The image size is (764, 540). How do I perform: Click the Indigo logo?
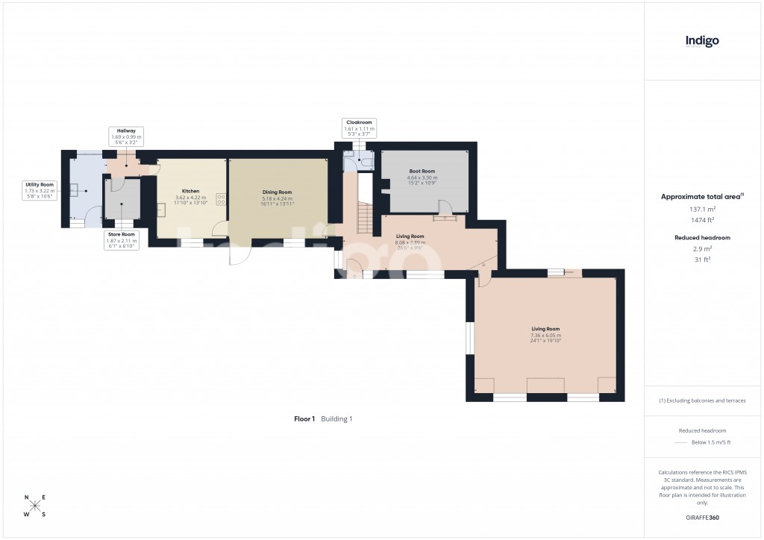coord(702,41)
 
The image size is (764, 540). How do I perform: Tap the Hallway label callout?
coord(125,134)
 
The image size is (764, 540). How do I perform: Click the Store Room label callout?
coord(124,239)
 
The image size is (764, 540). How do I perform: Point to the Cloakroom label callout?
coord(359,127)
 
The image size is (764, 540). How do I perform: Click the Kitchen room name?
coord(190,192)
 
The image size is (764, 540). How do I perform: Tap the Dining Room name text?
coord(277,192)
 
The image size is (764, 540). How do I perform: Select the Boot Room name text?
coord(422,172)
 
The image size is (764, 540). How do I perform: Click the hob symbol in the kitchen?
coord(221,198)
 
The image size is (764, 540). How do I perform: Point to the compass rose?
coord(35,506)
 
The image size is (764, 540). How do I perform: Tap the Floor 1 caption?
coord(304,419)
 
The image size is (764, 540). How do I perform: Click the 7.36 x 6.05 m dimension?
coord(545,335)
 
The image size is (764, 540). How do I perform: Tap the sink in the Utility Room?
coord(75,189)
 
